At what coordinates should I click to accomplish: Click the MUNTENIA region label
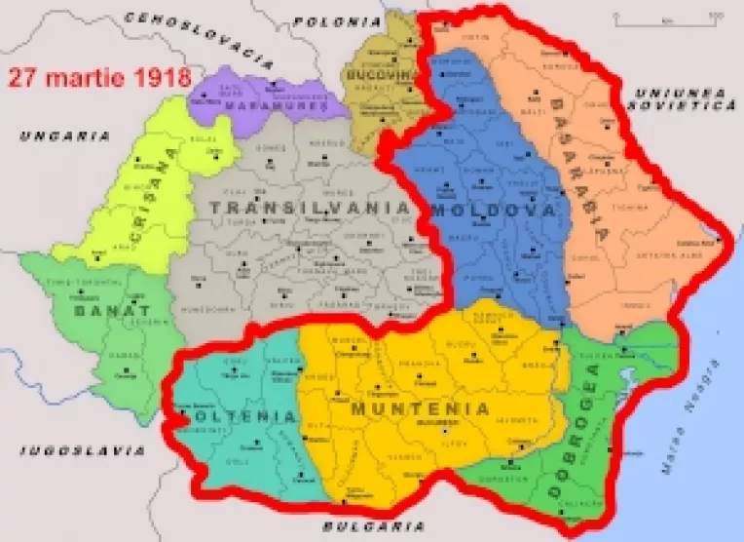coord(420,406)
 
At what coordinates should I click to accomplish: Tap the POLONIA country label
coord(337,20)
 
